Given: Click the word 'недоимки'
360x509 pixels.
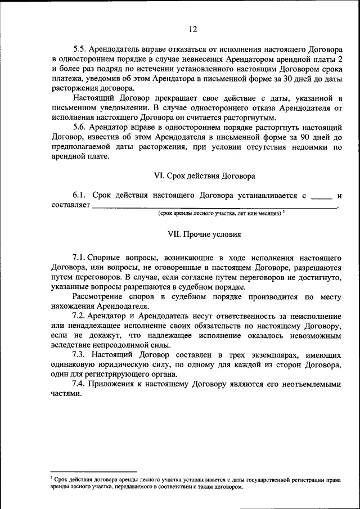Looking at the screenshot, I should pos(299,147).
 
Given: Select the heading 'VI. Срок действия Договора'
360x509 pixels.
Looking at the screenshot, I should pos(205,176).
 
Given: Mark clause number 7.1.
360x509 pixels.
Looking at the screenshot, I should pos(79,257).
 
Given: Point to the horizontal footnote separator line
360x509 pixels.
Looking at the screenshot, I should pos(93,471).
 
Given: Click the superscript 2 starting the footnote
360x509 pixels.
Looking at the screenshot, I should pos(51,478).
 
